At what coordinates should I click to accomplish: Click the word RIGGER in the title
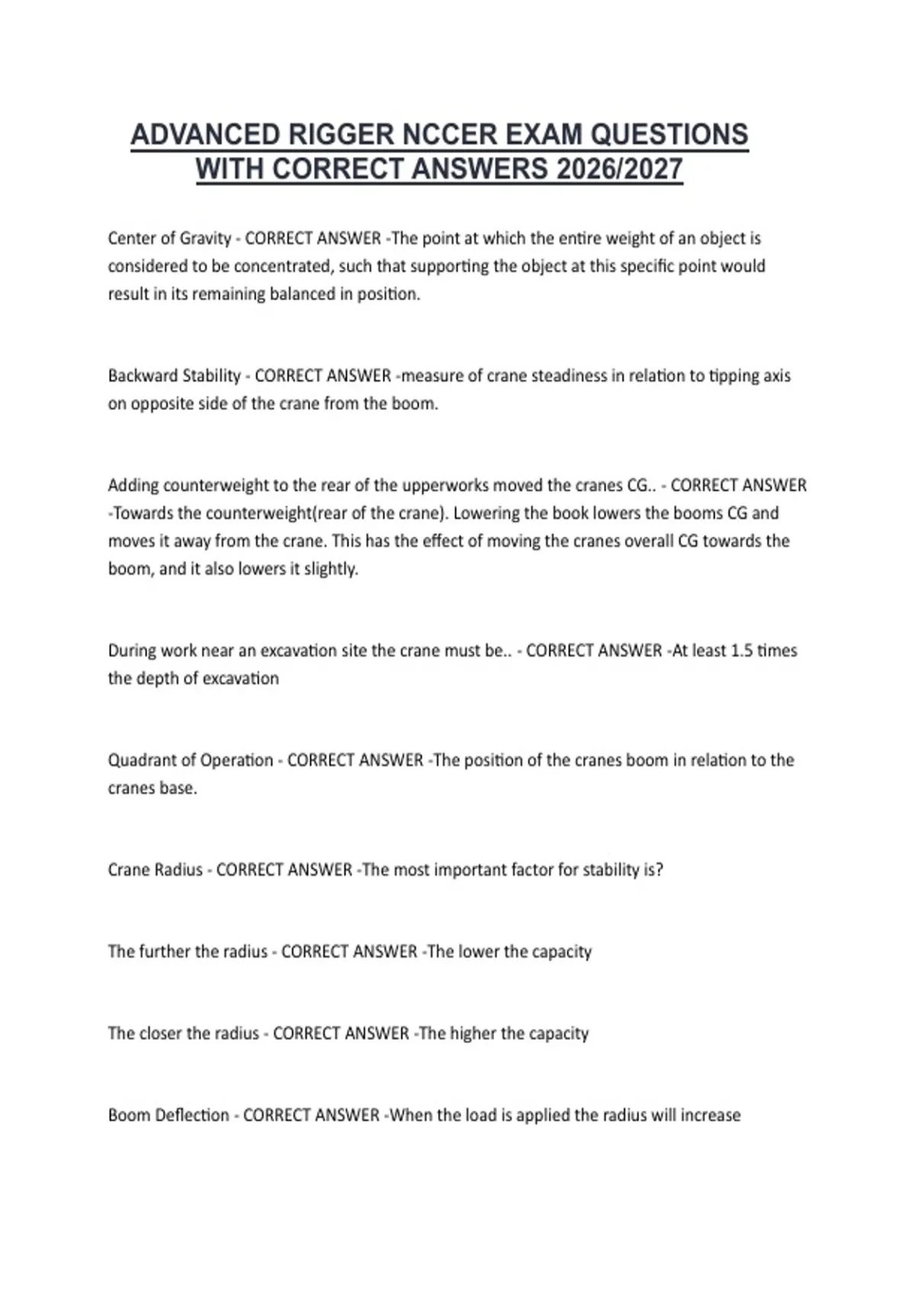(337, 135)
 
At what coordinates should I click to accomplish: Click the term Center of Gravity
(169, 239)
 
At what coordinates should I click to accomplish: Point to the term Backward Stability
(174, 376)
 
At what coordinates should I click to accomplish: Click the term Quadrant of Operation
(191, 760)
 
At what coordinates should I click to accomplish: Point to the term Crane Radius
(156, 870)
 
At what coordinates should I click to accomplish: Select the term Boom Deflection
(169, 1115)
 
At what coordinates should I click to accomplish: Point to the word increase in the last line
(710, 1115)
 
